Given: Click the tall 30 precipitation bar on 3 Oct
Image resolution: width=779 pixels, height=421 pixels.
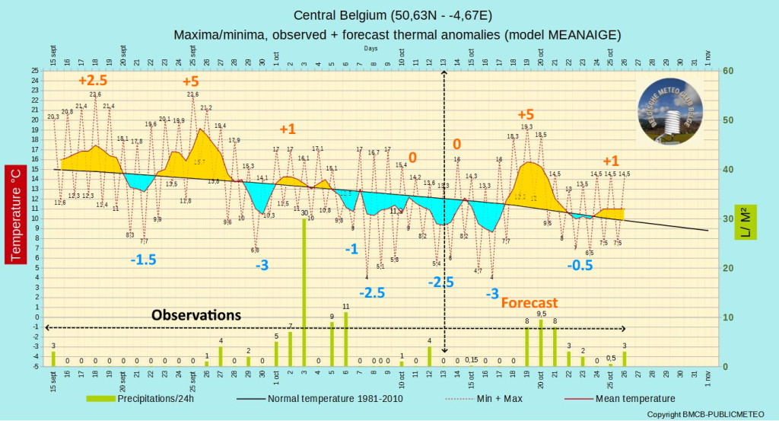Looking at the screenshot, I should [x=304, y=293].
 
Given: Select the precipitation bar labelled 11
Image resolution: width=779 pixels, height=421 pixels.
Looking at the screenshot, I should [x=346, y=339].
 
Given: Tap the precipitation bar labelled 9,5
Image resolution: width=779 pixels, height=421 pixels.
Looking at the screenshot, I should [x=541, y=343].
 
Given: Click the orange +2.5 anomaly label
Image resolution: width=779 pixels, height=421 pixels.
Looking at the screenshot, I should [x=93, y=80].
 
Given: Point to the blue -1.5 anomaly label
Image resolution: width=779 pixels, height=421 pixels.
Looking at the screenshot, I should [x=143, y=260].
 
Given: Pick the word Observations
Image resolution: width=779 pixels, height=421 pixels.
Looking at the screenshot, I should [x=196, y=314].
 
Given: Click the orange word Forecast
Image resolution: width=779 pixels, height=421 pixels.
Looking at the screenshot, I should [x=529, y=302].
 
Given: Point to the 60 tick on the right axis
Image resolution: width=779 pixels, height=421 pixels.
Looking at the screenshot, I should [x=728, y=71].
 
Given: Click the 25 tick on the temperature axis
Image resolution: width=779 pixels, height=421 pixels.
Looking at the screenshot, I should [x=35, y=71].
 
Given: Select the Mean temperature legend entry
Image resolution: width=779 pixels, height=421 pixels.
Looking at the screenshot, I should [x=631, y=398].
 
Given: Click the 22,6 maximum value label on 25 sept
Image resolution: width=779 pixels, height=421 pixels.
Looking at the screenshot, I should [x=192, y=94].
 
